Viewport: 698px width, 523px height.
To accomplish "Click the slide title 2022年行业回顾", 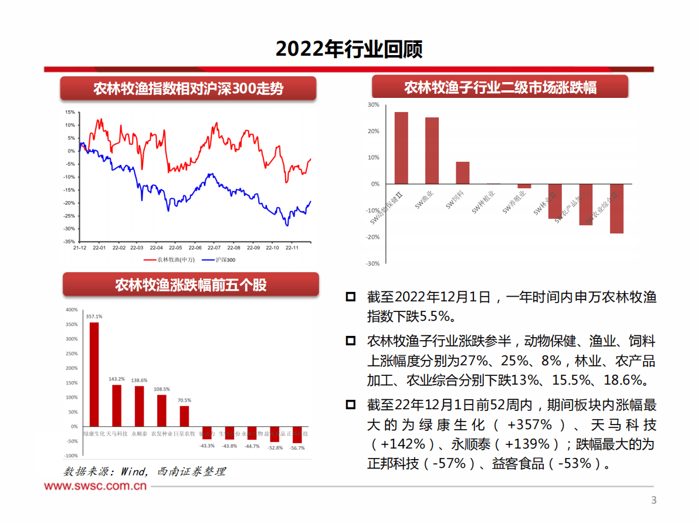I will pos(349,49).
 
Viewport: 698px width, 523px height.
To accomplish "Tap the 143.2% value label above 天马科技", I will pos(116,379).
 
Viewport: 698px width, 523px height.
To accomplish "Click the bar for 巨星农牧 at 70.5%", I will pos(184,416).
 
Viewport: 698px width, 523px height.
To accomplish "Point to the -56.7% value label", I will pos(297,448).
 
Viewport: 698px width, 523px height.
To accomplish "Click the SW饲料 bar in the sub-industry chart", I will pos(462,172).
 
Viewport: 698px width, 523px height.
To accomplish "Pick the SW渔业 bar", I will pos(432,151).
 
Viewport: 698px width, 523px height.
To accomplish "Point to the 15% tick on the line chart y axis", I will pos(70,112).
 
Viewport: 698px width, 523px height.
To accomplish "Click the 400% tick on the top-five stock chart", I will pos(71,310).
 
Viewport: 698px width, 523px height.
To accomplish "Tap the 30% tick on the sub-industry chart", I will pos(373,105).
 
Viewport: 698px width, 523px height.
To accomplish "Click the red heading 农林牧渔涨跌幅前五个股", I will pos(191,285).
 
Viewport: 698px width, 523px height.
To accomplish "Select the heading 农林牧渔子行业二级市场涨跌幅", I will pos(500,88).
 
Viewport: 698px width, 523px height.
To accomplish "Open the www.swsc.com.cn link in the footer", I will pos(96,486).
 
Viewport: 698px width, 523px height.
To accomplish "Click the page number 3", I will pos(654,500).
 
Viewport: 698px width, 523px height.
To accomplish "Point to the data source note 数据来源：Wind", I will pos(144,471).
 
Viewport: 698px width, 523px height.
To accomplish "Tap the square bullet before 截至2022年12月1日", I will pos(351,297).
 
